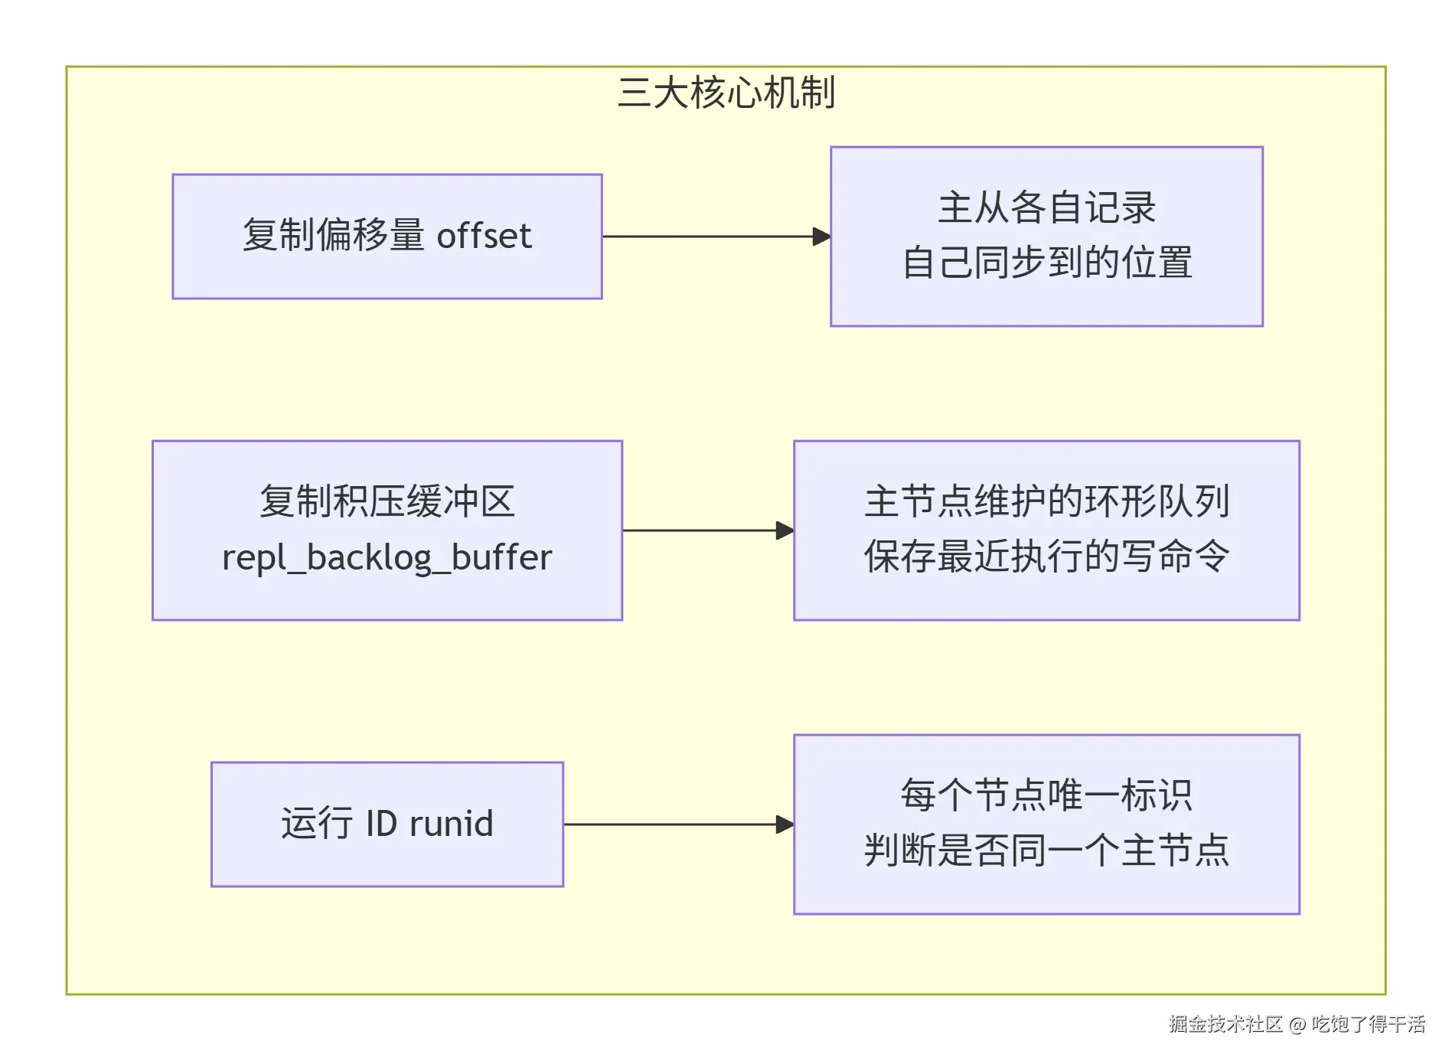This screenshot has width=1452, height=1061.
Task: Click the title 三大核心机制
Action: coord(726,93)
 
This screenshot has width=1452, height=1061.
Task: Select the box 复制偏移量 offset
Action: coord(387,237)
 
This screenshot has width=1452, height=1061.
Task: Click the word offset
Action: coord(484,236)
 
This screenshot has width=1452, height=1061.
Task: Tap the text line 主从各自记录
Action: coord(1046,207)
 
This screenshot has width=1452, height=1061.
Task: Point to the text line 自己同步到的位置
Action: coord(1046,263)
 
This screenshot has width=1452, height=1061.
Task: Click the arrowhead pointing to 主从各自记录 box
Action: coord(822,237)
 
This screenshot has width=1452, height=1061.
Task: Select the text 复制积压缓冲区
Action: coord(387,501)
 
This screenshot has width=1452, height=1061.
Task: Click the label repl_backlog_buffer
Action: coord(387,557)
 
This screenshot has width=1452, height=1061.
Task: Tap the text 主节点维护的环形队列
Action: coord(1046,501)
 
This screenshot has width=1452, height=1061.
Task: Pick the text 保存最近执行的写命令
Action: coord(1046,557)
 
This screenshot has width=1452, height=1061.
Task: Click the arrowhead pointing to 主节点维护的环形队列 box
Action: coord(785,530)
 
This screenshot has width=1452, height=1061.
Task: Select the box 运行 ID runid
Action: coord(387,824)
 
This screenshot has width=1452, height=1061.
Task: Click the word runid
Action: coord(452,824)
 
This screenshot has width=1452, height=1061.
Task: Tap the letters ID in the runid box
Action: coord(381,824)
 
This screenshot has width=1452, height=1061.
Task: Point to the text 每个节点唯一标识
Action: coord(1046,795)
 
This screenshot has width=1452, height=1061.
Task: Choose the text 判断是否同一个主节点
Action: coord(1046,850)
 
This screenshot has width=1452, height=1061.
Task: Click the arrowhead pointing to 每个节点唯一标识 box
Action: coord(785,824)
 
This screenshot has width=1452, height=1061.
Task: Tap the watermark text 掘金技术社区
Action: coord(1225,1024)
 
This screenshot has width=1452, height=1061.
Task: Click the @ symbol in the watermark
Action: coord(1297,1025)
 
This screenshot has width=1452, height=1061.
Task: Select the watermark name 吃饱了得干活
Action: coord(1369,1024)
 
